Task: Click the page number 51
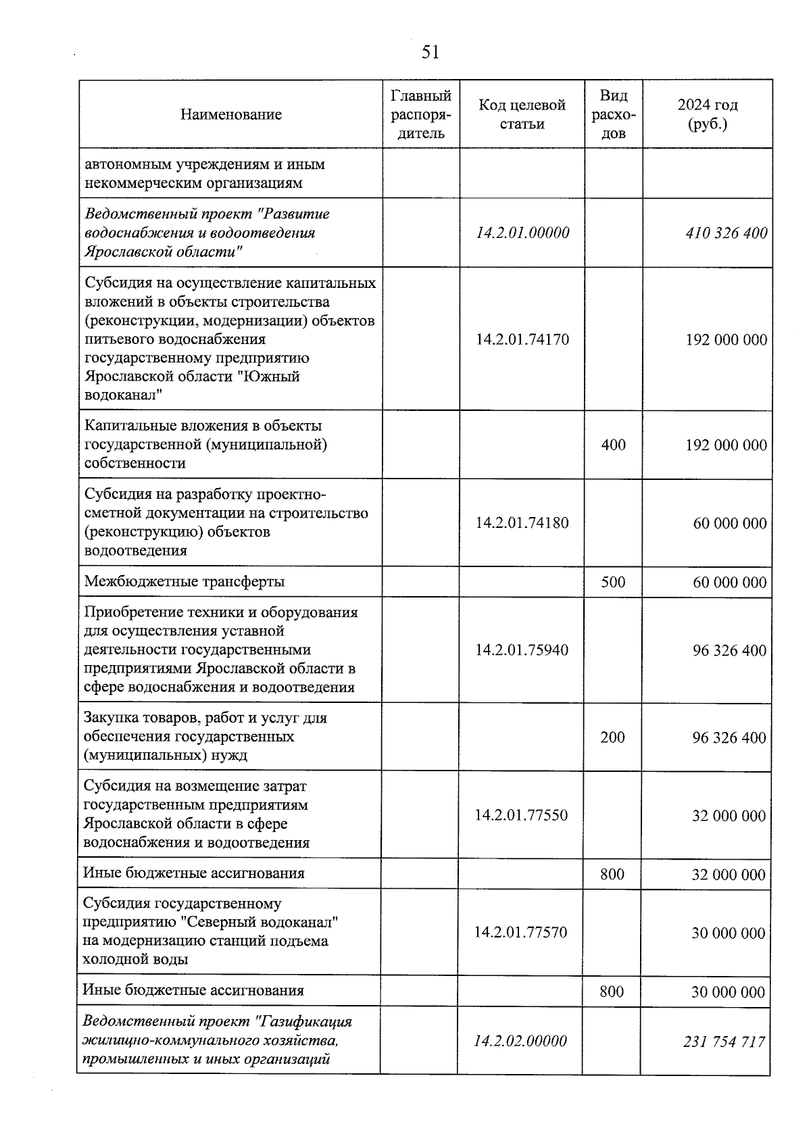point(430,52)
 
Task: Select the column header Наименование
point(230,114)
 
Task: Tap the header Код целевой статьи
point(522,114)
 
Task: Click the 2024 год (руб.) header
point(707,114)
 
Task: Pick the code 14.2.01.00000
point(522,233)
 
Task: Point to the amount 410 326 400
point(726,233)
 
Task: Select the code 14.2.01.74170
point(522,339)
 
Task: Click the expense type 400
point(613,445)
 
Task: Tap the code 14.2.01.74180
point(522,522)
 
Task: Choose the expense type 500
point(613,582)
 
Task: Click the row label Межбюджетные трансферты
point(184,581)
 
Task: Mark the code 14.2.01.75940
point(521,650)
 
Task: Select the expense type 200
point(612,737)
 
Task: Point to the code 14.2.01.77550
point(521,815)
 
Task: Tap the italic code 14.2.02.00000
point(520,1041)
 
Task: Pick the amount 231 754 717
point(724,1042)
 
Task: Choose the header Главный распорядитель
point(421,114)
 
